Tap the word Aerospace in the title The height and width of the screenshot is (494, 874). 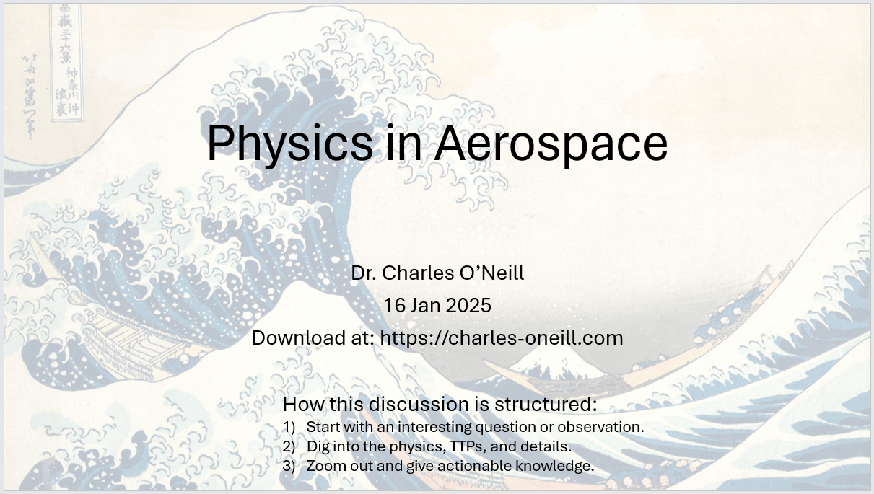(551, 144)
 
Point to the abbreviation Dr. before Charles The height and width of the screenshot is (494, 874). (363, 273)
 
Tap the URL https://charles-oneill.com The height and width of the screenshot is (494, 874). (502, 338)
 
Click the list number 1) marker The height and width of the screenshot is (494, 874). (289, 427)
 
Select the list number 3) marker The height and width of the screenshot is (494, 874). (289, 466)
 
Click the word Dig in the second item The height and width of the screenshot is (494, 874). (318, 446)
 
